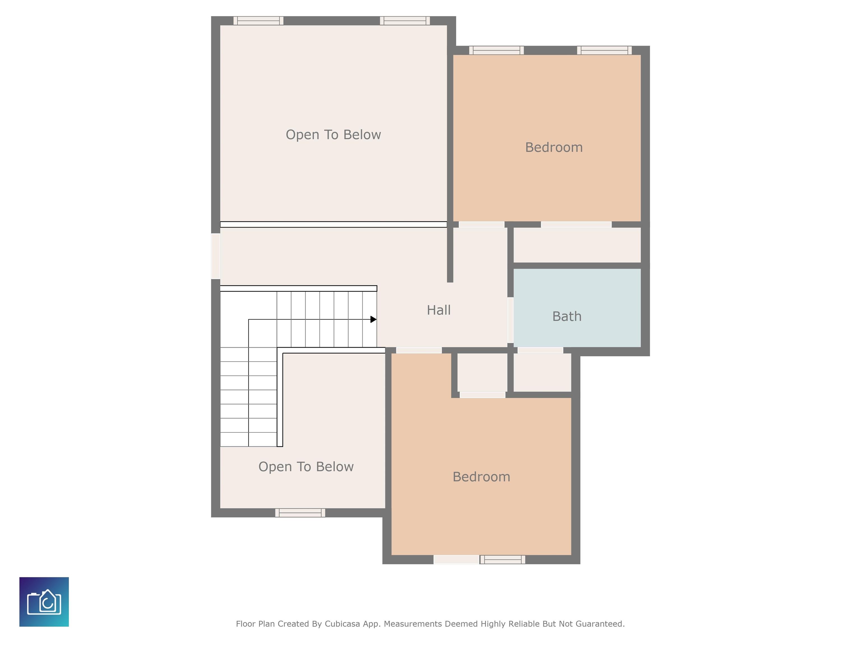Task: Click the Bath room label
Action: [567, 316]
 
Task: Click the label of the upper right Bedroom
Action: [554, 147]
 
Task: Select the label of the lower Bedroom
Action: [481, 477]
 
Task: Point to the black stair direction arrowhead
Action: [373, 319]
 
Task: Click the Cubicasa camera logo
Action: [44, 602]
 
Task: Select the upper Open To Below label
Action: [333, 135]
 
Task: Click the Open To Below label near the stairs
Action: [306, 467]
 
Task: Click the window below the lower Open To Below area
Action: [300, 513]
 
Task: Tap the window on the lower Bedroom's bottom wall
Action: [502, 560]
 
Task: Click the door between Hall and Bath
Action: [510, 320]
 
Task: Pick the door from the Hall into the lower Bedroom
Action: [419, 350]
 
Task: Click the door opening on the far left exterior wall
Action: [216, 256]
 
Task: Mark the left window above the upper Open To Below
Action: [258, 21]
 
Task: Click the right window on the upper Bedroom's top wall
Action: [605, 50]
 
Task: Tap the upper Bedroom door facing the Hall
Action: [482, 225]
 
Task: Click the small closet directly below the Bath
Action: [542, 372]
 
